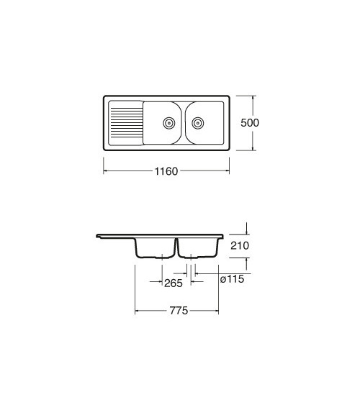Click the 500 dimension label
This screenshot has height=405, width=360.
pos(250,123)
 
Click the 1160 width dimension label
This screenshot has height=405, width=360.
pos(166,171)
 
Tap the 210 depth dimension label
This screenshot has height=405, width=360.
pos(240,245)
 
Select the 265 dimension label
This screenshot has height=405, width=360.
pos(174,283)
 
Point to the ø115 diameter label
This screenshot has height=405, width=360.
pos(232,279)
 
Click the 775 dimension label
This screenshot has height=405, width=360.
pos(179,311)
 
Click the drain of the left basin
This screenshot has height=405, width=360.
pos(169,123)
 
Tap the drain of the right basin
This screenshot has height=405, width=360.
pos(198,123)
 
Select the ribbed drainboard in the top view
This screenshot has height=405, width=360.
pos(126,123)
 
